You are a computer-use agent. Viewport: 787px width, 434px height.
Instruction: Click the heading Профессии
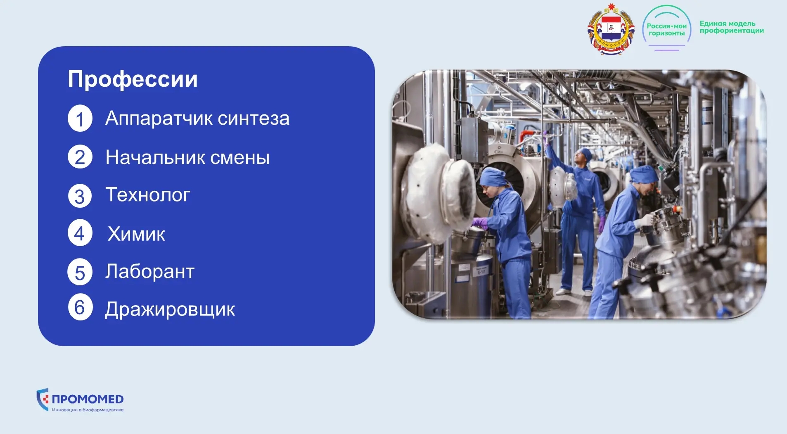pyautogui.click(x=133, y=79)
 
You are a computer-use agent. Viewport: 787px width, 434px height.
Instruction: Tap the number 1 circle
pyautogui.click(x=80, y=119)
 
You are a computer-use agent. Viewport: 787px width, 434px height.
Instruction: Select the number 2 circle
pyautogui.click(x=80, y=157)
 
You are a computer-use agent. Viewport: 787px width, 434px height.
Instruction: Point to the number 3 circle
pyautogui.click(x=80, y=196)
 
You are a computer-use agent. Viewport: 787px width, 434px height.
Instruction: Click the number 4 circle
pyautogui.click(x=80, y=234)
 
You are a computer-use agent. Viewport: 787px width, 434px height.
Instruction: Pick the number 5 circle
pyautogui.click(x=80, y=272)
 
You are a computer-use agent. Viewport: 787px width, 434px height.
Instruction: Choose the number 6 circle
pyautogui.click(x=80, y=307)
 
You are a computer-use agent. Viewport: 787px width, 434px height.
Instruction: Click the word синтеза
pyautogui.click(x=254, y=119)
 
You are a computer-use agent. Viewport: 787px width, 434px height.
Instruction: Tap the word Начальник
pyautogui.click(x=155, y=158)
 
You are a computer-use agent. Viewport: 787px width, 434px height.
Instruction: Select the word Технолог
pyautogui.click(x=148, y=195)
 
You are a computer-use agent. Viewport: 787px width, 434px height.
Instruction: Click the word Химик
pyautogui.click(x=136, y=234)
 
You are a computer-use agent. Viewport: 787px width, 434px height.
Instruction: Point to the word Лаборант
pyautogui.click(x=149, y=272)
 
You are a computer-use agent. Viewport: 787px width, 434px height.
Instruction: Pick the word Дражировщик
pyautogui.click(x=170, y=309)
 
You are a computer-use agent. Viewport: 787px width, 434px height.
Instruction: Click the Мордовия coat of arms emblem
pyautogui.click(x=611, y=29)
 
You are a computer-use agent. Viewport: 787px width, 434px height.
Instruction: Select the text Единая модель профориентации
pyautogui.click(x=732, y=27)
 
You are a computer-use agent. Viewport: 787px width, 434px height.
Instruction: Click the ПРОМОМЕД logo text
pyautogui.click(x=88, y=399)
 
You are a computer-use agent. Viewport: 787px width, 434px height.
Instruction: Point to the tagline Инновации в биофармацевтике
pyautogui.click(x=88, y=410)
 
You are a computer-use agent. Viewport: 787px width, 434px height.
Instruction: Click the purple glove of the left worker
pyautogui.click(x=480, y=223)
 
